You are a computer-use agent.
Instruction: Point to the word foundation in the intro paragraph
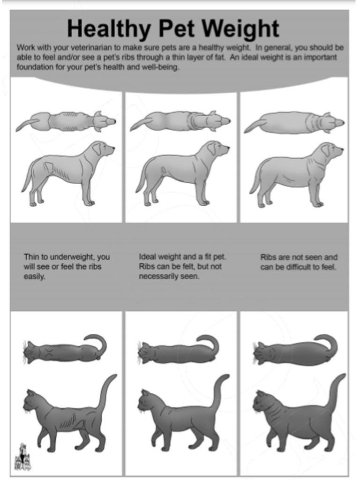33,67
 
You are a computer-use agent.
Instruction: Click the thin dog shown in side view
68,173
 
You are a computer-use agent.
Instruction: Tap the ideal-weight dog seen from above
180,121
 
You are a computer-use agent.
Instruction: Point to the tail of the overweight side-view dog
256,180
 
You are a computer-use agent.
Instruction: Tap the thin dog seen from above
66,121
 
